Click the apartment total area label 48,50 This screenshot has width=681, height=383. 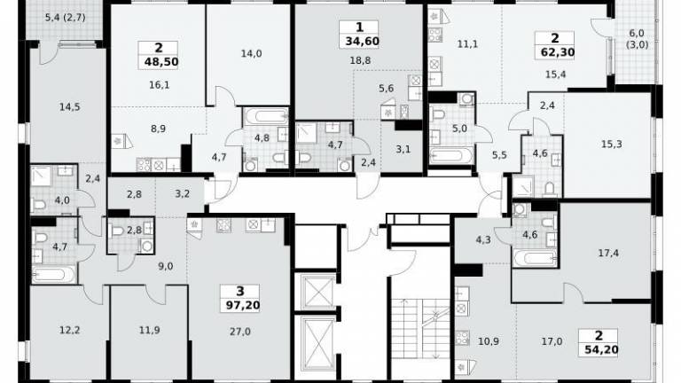pos(161,62)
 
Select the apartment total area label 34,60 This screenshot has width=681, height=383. pos(362,42)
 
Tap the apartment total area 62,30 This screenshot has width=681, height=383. pos(558,52)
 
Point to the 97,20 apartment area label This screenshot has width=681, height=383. pos(243,305)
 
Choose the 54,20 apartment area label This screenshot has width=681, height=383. pos(600,349)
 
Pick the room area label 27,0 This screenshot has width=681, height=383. pos(239,332)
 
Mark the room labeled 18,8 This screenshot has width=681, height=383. pos(360,60)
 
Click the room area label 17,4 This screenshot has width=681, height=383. pos(608,253)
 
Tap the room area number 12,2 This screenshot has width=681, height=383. pos(69,330)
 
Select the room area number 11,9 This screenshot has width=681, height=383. pos(149,330)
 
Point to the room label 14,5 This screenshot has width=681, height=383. pos(69,106)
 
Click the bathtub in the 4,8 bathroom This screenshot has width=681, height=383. pos(266,116)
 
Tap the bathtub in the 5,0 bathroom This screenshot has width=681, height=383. pos(451,155)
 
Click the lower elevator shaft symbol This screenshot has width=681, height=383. pos(318,342)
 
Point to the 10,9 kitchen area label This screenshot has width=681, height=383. pos(489,341)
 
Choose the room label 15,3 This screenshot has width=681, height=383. pos(612,145)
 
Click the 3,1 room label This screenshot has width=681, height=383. pos(403,149)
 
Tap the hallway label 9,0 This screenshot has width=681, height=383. pos(166,266)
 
